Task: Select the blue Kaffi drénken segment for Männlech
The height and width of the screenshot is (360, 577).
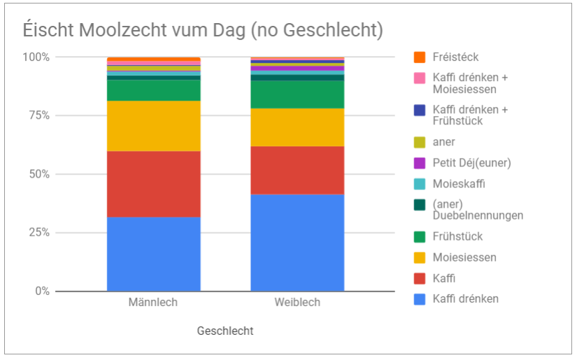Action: pos(153,254)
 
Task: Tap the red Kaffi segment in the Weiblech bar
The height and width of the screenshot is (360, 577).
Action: pos(297,170)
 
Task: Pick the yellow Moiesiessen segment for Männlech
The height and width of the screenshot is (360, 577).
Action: pos(153,126)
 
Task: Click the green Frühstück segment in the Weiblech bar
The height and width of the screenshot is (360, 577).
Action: pos(297,94)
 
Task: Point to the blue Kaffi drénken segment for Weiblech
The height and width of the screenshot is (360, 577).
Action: pos(297,242)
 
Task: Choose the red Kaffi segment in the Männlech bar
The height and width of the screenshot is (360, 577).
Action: pos(153,184)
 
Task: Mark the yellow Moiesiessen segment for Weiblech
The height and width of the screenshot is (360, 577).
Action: pos(297,127)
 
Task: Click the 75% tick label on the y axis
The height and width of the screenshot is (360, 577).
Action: pos(36,115)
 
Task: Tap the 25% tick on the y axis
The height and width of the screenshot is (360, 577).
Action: pos(36,233)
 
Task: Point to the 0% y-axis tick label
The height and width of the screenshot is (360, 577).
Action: pos(39,291)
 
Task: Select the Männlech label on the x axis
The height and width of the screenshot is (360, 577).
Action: pos(153,303)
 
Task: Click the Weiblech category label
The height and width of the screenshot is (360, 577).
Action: pos(297,303)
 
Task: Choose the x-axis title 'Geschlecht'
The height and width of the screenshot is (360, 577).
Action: pos(225,331)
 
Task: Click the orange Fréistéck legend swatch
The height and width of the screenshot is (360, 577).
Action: pos(420,57)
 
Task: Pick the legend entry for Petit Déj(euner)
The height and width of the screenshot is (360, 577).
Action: pos(471,163)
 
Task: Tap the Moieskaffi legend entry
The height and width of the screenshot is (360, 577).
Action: pos(458,184)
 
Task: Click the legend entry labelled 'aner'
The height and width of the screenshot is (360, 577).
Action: pos(443,142)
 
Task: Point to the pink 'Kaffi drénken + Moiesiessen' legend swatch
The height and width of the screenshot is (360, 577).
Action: pos(420,78)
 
